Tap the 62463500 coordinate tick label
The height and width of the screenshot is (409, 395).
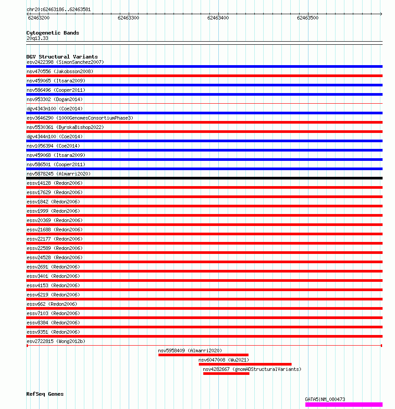[308, 18]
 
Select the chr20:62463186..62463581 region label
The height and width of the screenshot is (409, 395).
[59, 9]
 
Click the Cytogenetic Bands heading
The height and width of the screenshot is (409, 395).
[52, 33]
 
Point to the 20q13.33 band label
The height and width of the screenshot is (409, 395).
[37, 38]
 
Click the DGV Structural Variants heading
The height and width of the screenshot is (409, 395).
[62, 57]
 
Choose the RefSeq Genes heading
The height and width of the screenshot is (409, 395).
[45, 394]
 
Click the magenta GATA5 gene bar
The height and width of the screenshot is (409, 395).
[343, 404]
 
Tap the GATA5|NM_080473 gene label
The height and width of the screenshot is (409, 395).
[325, 399]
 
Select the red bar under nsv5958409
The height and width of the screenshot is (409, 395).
[203, 355]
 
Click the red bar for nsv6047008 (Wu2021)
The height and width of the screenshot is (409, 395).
[245, 364]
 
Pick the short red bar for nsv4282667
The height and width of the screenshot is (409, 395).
[226, 374]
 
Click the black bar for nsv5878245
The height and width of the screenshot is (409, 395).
[204, 178]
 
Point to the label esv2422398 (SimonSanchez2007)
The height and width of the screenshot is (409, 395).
[65, 62]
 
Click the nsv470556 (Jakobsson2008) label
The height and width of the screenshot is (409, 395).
[60, 71]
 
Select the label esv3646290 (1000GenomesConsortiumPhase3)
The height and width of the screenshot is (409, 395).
[79, 118]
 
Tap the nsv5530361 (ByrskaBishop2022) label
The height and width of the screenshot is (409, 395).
[65, 127]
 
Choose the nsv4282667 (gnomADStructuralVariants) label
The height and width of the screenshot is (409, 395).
[252, 369]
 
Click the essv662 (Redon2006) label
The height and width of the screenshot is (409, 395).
[51, 304]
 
